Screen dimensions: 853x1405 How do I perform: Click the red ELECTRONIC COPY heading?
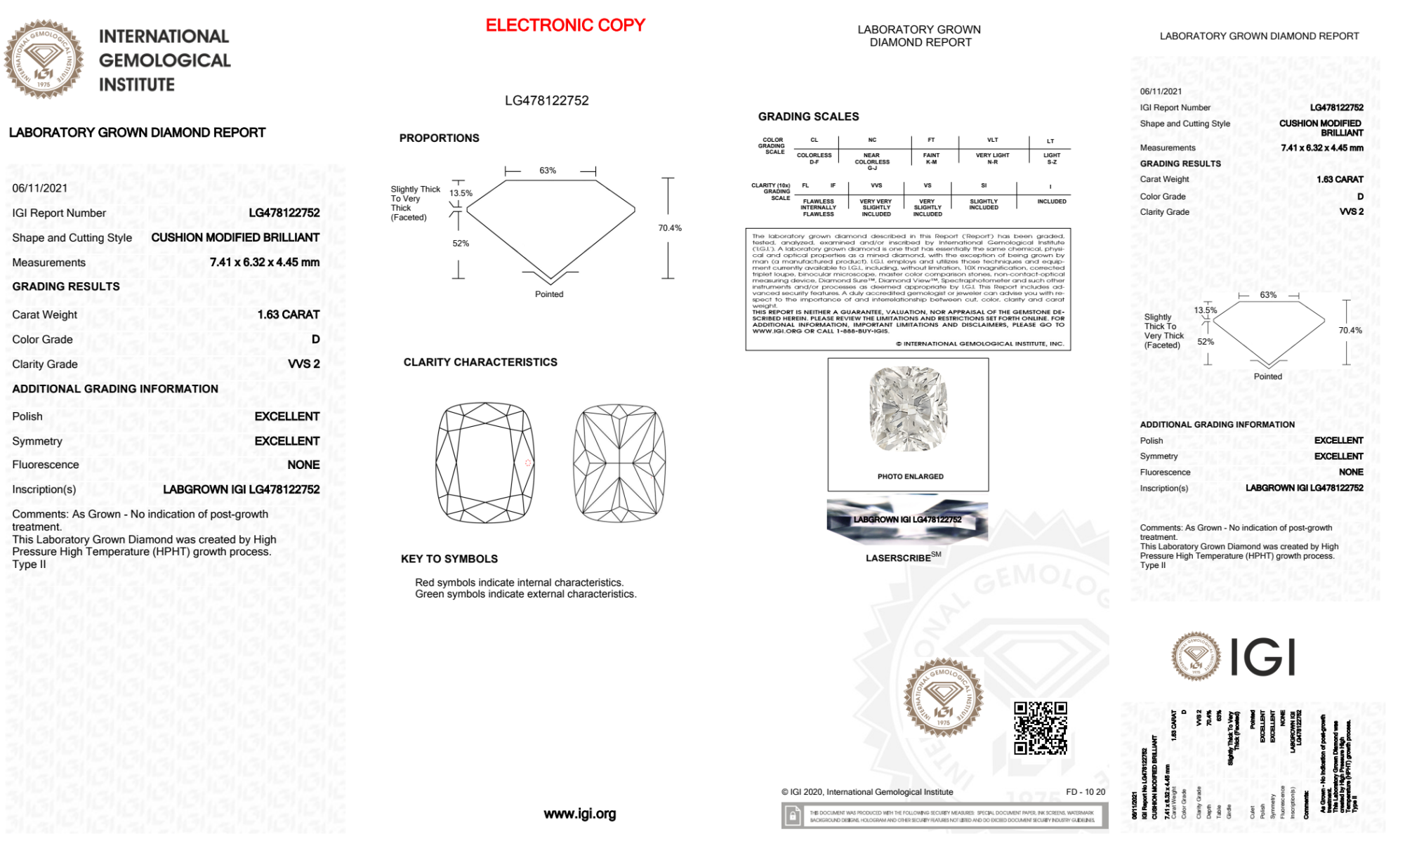[x=565, y=25]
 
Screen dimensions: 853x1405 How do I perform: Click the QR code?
[x=1040, y=728]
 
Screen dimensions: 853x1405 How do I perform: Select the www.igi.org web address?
[x=579, y=814]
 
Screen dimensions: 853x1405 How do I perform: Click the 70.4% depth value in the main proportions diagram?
[x=670, y=228]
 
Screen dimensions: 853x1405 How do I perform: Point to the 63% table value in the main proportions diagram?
[x=548, y=171]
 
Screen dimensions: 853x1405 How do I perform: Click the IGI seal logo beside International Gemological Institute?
[x=44, y=60]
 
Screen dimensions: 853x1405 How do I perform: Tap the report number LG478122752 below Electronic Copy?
[x=546, y=100]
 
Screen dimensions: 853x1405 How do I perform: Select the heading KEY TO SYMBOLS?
[x=449, y=559]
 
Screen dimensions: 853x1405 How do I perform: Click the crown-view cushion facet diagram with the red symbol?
[x=484, y=463]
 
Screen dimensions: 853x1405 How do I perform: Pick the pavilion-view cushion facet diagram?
[x=619, y=463]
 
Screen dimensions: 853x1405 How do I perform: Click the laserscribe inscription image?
[x=907, y=520]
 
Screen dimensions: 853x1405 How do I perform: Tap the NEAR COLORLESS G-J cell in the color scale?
[x=871, y=161]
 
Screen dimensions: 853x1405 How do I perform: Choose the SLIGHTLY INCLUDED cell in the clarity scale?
[x=983, y=204]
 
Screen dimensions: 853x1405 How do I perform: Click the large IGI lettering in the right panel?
[x=1262, y=658]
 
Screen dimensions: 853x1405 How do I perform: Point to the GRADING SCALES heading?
[x=808, y=117]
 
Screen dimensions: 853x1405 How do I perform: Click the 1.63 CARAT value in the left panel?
[x=288, y=315]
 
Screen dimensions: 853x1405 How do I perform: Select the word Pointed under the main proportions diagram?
[x=549, y=294]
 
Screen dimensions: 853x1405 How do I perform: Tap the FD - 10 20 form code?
[x=1085, y=792]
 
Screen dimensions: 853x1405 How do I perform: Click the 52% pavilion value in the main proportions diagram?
[x=461, y=244]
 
